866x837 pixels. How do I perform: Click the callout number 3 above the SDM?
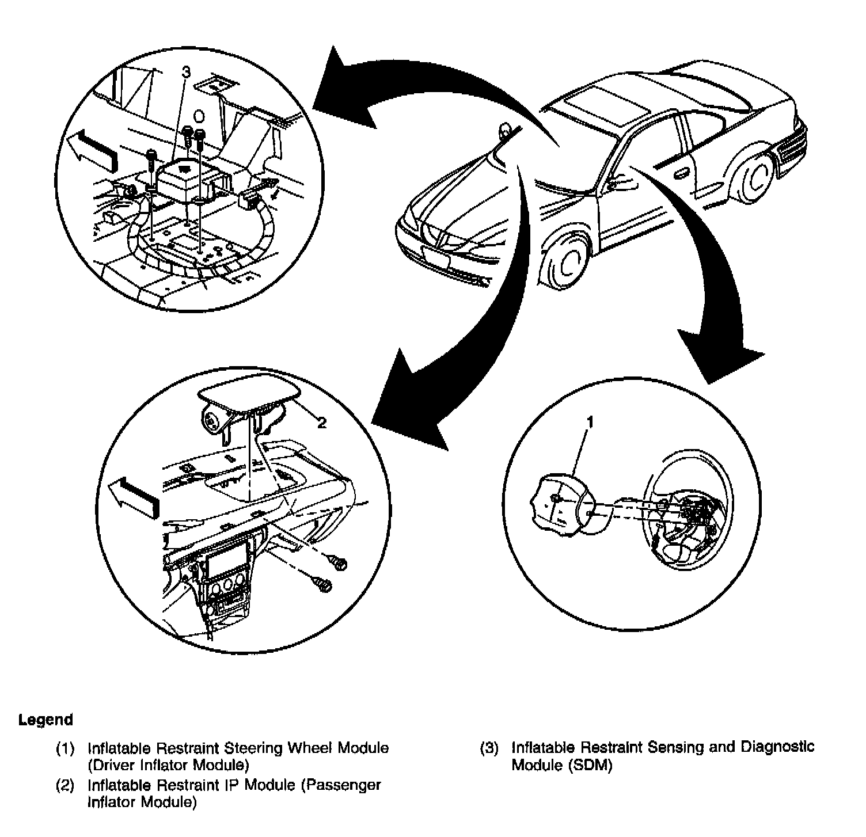coord(185,73)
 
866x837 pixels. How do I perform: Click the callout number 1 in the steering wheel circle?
coord(589,423)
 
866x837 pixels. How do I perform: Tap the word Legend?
coord(46,720)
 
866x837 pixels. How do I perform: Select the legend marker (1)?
coord(65,749)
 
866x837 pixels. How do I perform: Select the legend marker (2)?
coord(65,785)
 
